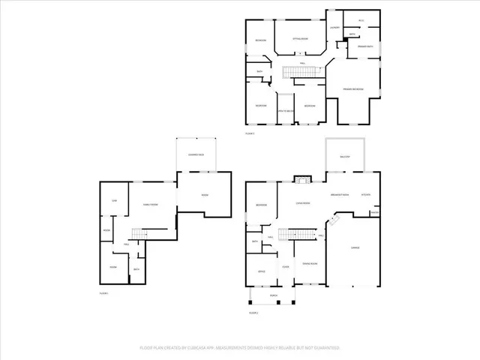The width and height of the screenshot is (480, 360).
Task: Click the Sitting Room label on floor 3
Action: (x=300, y=37)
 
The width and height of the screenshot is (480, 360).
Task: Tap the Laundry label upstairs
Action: (x=334, y=28)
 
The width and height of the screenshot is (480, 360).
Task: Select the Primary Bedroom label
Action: (x=353, y=89)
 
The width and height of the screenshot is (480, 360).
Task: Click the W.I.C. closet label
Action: (x=361, y=20)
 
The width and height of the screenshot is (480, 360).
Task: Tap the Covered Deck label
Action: (x=196, y=154)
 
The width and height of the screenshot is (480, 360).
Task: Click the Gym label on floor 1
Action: (x=115, y=201)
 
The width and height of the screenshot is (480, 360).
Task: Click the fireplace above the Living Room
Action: (x=302, y=179)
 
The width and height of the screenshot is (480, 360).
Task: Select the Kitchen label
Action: (x=366, y=196)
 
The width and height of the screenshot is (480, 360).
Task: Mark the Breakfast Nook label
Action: (x=341, y=196)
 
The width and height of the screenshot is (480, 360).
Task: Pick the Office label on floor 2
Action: (x=261, y=271)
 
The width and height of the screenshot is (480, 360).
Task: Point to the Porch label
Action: (x=274, y=296)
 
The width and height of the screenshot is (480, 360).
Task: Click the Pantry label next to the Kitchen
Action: (x=374, y=211)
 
